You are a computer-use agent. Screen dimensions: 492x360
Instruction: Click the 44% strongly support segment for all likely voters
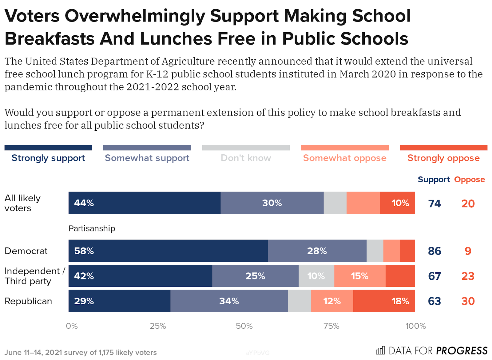tap(145, 203)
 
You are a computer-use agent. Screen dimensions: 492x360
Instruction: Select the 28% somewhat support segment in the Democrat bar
tap(317, 251)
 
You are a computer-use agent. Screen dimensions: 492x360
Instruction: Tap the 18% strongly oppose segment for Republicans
tap(384, 301)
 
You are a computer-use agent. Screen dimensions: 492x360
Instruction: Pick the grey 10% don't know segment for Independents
tap(316, 276)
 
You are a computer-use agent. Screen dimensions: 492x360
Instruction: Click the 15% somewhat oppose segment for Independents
tap(360, 276)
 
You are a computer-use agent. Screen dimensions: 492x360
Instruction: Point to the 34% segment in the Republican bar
tap(229, 301)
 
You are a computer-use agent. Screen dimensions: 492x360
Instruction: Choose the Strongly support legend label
tap(48, 158)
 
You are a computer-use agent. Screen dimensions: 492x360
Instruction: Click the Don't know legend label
tap(246, 158)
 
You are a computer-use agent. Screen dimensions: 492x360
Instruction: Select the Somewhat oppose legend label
tap(345, 158)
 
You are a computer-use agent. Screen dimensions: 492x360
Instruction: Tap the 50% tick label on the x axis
tap(244, 326)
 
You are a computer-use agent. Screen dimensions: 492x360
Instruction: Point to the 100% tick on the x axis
tap(415, 326)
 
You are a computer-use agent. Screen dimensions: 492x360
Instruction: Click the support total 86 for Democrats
tap(434, 251)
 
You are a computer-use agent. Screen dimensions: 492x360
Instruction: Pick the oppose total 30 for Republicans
tap(468, 301)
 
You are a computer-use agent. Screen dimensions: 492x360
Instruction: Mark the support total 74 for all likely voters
tap(434, 204)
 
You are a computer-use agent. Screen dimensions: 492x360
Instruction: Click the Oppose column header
tap(470, 180)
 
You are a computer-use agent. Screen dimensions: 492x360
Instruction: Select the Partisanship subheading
tap(92, 228)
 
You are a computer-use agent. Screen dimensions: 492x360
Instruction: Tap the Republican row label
tap(28, 301)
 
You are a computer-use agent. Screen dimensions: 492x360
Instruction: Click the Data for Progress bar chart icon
tap(380, 350)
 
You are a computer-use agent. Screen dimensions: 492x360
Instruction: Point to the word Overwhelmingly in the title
tap(135, 17)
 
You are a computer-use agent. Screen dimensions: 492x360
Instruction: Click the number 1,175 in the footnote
tap(106, 352)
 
